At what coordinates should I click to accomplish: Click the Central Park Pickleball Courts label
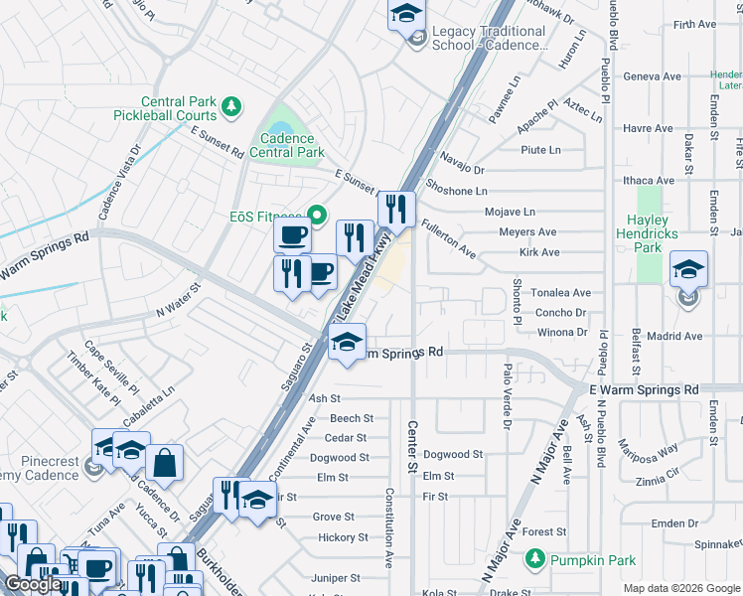pyautogui.click(x=179, y=108)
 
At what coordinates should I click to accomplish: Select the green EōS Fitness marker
pyautogui.click(x=317, y=215)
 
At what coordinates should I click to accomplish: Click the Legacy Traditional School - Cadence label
pyautogui.click(x=487, y=39)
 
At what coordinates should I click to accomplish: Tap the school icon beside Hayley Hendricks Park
pyautogui.click(x=688, y=270)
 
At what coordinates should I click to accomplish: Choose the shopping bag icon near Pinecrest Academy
pyautogui.click(x=164, y=461)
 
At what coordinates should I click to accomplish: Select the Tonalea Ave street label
pyautogui.click(x=562, y=293)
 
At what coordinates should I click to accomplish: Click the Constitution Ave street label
pyautogui.click(x=390, y=526)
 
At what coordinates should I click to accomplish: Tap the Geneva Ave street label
pyautogui.click(x=652, y=76)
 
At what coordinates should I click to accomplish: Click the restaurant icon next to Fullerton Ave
pyautogui.click(x=396, y=210)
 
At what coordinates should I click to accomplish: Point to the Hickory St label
pyautogui.click(x=343, y=537)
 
